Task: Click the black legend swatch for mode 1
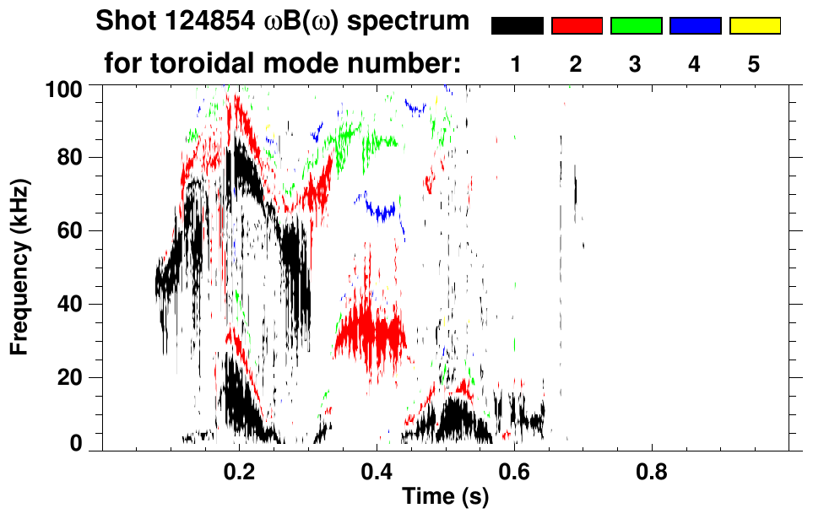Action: [518, 26]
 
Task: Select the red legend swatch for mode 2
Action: [577, 26]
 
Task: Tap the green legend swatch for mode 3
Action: [636, 26]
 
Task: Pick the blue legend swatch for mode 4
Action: [695, 26]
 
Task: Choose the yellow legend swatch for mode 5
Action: [754, 26]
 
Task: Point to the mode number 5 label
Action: [754, 64]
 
